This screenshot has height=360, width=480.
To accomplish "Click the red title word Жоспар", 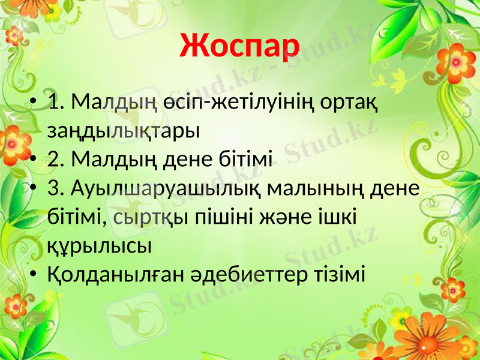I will [x=239, y=45].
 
